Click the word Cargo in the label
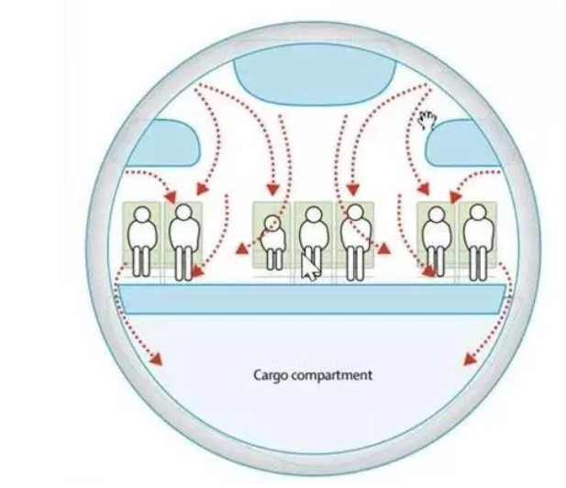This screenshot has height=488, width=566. point(270,375)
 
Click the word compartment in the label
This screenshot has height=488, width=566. point(330,376)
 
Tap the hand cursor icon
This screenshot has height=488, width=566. point(427,119)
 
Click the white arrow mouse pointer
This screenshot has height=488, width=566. point(311,266)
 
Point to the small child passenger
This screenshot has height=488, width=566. point(272,237)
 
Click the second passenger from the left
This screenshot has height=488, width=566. point(183,238)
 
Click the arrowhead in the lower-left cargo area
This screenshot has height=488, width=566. point(157,360)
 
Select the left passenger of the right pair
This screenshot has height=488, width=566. point(436,238)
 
